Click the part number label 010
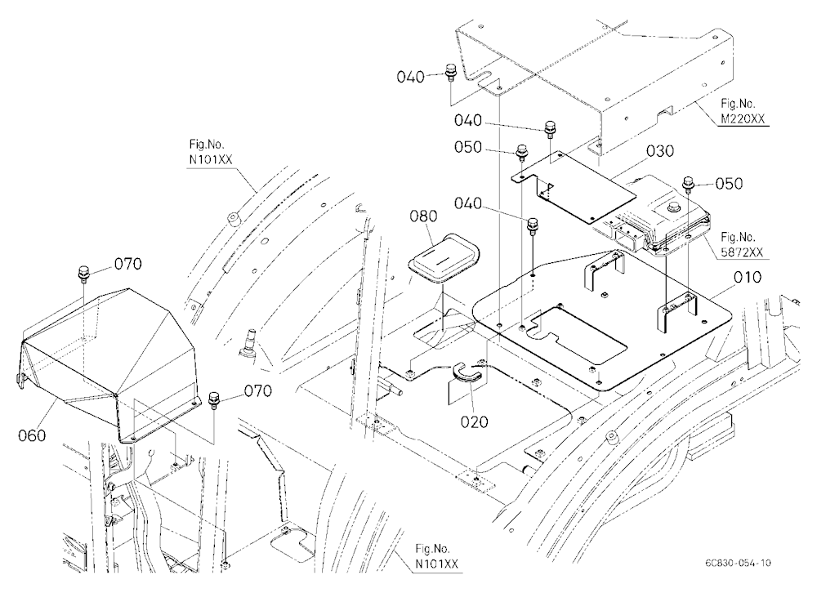[x=748, y=277]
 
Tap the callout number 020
[x=474, y=421]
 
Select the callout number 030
[x=660, y=151]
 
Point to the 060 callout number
[x=32, y=435]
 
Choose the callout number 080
[x=423, y=215]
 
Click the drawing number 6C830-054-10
[x=738, y=563]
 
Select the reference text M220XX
[x=743, y=118]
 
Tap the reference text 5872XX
[x=742, y=252]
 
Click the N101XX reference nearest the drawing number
[x=436, y=564]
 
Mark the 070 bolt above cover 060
[x=83, y=271]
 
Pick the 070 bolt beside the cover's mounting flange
[x=213, y=399]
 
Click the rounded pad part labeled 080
[x=444, y=257]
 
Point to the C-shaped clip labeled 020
[x=467, y=372]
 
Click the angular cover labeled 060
[x=107, y=365]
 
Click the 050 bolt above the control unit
[x=688, y=184]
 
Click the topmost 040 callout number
[x=411, y=77]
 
